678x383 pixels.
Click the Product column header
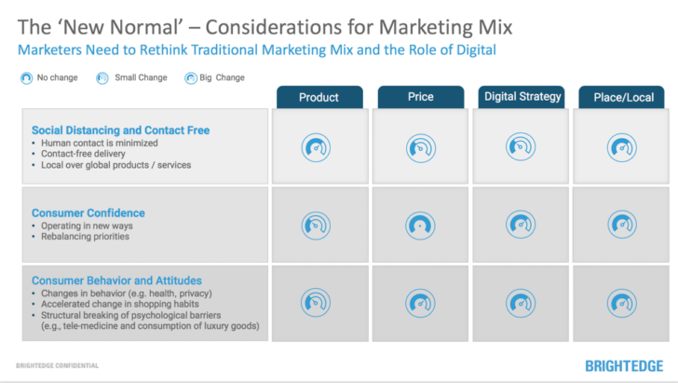319,97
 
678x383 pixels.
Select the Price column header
420,96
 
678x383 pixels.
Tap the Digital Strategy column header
522,96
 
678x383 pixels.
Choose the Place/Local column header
623,97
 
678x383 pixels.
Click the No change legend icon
25,77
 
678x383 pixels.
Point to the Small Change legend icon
102,77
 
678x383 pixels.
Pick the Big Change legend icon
190,77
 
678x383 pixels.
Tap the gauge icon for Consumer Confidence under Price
420,224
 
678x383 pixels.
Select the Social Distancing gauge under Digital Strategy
522,146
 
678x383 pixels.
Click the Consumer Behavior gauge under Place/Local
622,300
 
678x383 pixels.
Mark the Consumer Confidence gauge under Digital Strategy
522,224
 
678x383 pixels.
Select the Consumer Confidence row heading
88,212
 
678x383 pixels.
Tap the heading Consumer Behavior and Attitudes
116,280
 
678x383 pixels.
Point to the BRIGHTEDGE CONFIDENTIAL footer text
58,365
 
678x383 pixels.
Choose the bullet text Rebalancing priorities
79,236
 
